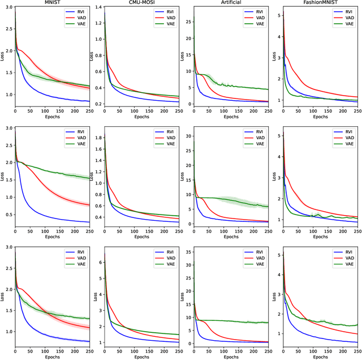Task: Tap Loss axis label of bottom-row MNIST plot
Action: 3,295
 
